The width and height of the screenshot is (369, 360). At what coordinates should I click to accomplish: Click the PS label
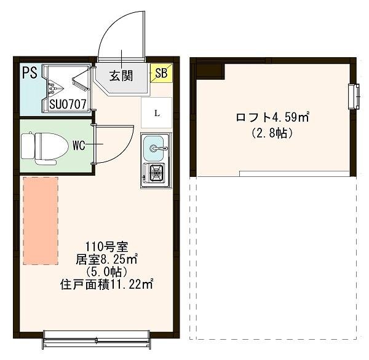(30, 73)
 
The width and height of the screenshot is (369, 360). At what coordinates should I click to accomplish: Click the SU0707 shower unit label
(67, 104)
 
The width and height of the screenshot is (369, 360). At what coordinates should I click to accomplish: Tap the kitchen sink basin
(155, 148)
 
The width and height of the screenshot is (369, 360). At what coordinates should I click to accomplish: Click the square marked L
(157, 113)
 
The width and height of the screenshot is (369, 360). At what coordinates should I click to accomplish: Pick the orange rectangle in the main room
(41, 221)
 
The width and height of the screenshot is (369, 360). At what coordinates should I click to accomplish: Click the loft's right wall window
(354, 96)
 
